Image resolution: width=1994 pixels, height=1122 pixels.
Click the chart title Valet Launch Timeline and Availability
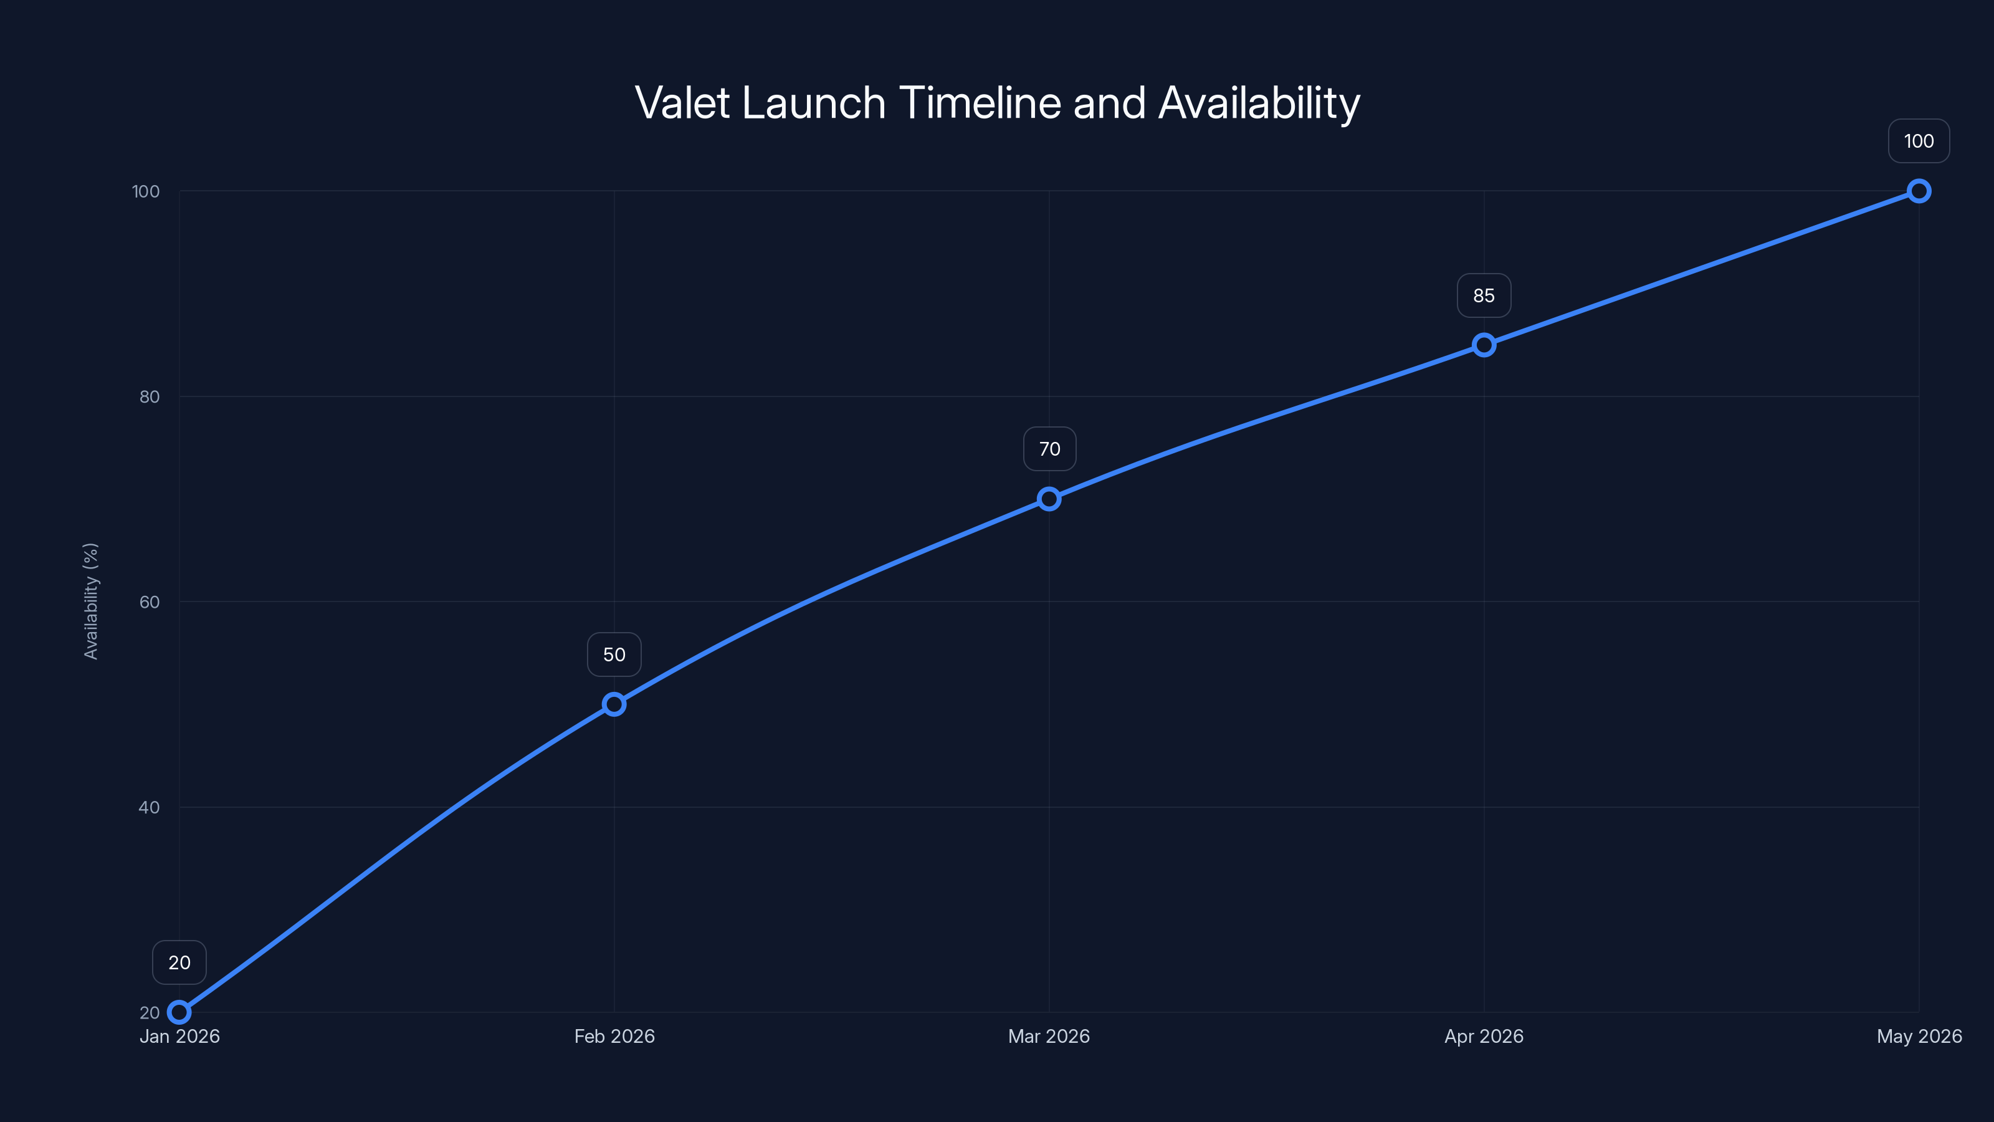coord(997,103)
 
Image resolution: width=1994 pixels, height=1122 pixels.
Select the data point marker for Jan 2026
coord(179,1012)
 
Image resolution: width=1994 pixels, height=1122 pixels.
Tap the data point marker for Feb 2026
coord(614,704)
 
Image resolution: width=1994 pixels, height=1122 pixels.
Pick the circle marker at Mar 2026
coord(1049,499)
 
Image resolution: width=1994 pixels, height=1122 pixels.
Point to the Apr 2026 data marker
coord(1484,345)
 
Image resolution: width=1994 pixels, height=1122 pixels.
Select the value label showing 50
coord(614,654)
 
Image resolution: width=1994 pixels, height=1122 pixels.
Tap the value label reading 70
coord(1049,449)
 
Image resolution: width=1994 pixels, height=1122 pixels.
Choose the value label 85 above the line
coord(1484,296)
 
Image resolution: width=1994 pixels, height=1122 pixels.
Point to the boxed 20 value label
coord(179,962)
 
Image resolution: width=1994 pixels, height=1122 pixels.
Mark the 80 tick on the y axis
coord(150,396)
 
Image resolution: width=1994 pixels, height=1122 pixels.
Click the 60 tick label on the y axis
coord(150,602)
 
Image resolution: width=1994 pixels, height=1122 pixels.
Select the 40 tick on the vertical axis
coord(150,807)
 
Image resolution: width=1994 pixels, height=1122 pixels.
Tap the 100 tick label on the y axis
coord(146,191)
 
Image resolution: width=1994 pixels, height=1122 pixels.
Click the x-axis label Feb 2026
coord(614,1036)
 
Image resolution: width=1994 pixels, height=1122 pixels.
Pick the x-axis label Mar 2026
coord(1049,1036)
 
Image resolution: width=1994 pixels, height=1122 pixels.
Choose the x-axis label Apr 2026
coord(1484,1036)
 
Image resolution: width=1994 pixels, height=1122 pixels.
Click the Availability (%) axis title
coord(90,601)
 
